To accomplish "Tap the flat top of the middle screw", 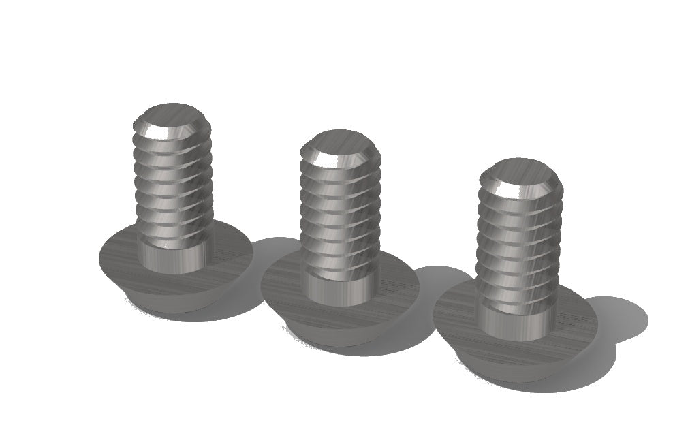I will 339,142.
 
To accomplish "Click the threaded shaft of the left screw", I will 172,184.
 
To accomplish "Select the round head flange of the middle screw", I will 286,286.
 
